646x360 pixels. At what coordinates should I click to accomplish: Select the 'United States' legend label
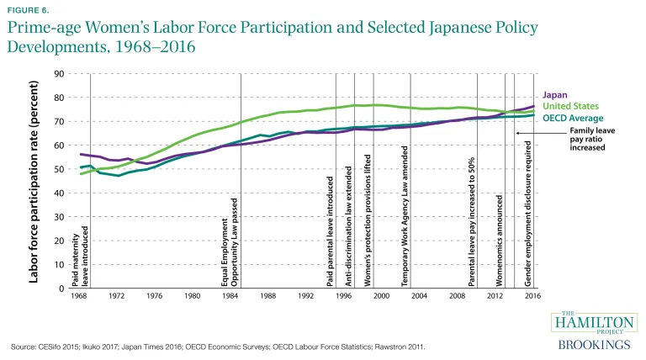[572, 106]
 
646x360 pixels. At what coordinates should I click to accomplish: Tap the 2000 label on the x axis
[381, 296]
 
